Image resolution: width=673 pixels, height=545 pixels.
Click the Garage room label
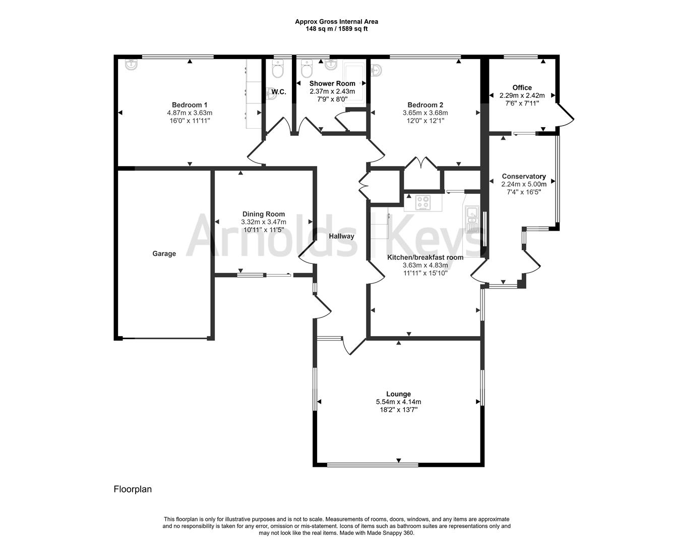coord(164,254)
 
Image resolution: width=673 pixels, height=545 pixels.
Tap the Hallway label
coord(341,236)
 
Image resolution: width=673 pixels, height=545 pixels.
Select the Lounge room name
coord(398,394)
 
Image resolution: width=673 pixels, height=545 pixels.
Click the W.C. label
coord(279,92)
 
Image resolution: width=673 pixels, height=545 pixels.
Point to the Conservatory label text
coord(524,176)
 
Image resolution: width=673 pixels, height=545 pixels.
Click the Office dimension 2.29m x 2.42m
coord(522,95)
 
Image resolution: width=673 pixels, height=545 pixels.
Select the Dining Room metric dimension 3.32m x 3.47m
coord(264,222)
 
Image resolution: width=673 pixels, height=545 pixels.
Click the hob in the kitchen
coord(423,202)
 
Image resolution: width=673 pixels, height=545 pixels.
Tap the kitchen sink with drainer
coord(472,220)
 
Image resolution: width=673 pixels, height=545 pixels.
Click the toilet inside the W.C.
coord(278,70)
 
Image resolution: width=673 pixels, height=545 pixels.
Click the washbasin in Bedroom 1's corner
coord(131,65)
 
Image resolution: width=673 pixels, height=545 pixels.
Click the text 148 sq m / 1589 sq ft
coord(336,29)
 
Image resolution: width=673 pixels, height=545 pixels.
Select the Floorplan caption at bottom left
coord(133,489)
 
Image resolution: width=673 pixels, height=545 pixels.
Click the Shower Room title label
coord(332,83)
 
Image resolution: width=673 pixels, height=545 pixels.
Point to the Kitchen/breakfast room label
coord(425,257)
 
